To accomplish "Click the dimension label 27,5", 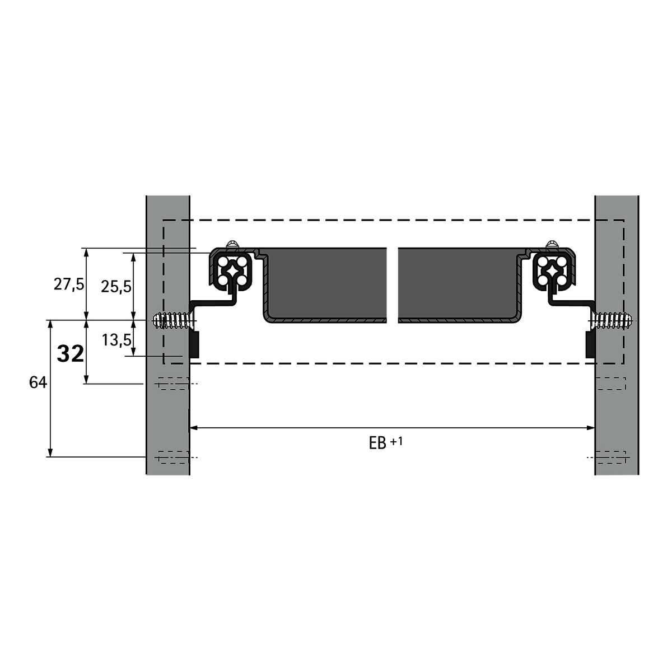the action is [69, 284].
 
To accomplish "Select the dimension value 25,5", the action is [116, 287].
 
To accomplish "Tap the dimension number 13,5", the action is [116, 340].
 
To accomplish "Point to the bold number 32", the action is [71, 353].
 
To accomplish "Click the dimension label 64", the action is [38, 382].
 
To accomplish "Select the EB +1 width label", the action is [386, 442].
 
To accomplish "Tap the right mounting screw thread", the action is [612, 320].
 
